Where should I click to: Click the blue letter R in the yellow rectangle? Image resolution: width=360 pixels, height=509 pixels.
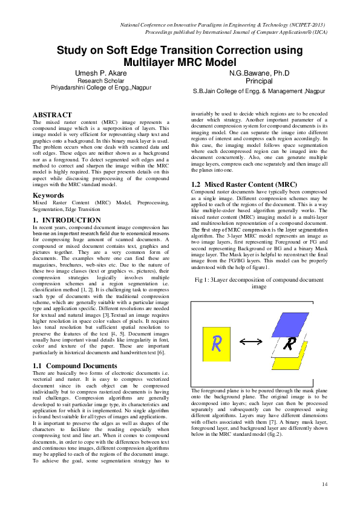coord(215,343)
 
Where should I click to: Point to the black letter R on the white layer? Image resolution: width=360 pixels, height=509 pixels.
coord(290,344)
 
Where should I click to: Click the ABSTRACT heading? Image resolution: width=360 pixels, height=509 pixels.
coord(52,115)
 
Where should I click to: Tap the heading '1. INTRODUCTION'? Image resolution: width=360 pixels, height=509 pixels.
coord(67,220)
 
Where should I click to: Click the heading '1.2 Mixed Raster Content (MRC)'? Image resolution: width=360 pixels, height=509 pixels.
coord(235,183)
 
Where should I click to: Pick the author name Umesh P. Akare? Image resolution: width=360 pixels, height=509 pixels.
coord(101,73)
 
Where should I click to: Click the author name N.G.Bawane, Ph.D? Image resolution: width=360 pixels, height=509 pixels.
coord(259,73)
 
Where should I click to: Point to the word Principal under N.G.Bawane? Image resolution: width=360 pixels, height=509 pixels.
coord(259,80)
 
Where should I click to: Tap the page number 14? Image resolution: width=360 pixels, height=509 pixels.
coord(325,484)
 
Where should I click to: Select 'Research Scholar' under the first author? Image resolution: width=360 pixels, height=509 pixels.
coord(101,80)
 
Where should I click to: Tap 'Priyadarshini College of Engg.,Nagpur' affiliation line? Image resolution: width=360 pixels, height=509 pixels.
coord(101,88)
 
